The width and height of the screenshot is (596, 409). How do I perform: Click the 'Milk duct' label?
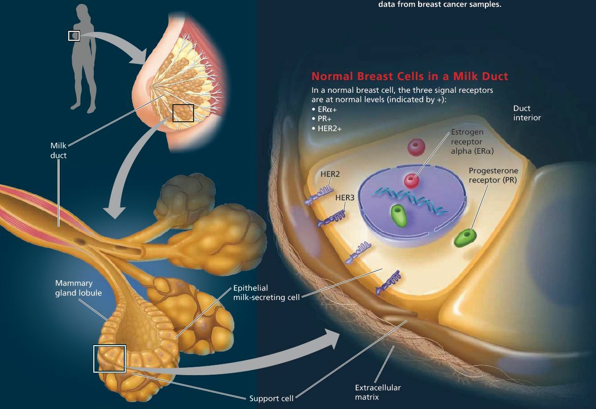point(58,151)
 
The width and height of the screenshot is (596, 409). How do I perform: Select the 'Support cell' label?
point(271,398)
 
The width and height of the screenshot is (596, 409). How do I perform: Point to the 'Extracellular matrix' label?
point(378,392)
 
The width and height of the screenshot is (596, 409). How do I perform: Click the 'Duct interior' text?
point(527,113)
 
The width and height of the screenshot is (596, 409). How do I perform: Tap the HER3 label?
point(344,197)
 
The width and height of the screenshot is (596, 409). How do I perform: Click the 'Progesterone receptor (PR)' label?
point(493,175)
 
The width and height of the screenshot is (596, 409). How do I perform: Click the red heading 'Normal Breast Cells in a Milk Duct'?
point(410,77)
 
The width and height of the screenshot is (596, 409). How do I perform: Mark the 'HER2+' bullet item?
point(327,128)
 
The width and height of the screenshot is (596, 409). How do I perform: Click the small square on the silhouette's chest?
point(74,35)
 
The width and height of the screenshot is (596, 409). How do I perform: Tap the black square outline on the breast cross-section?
point(183,113)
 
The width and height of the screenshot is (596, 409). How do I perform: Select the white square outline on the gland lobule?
point(110,359)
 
